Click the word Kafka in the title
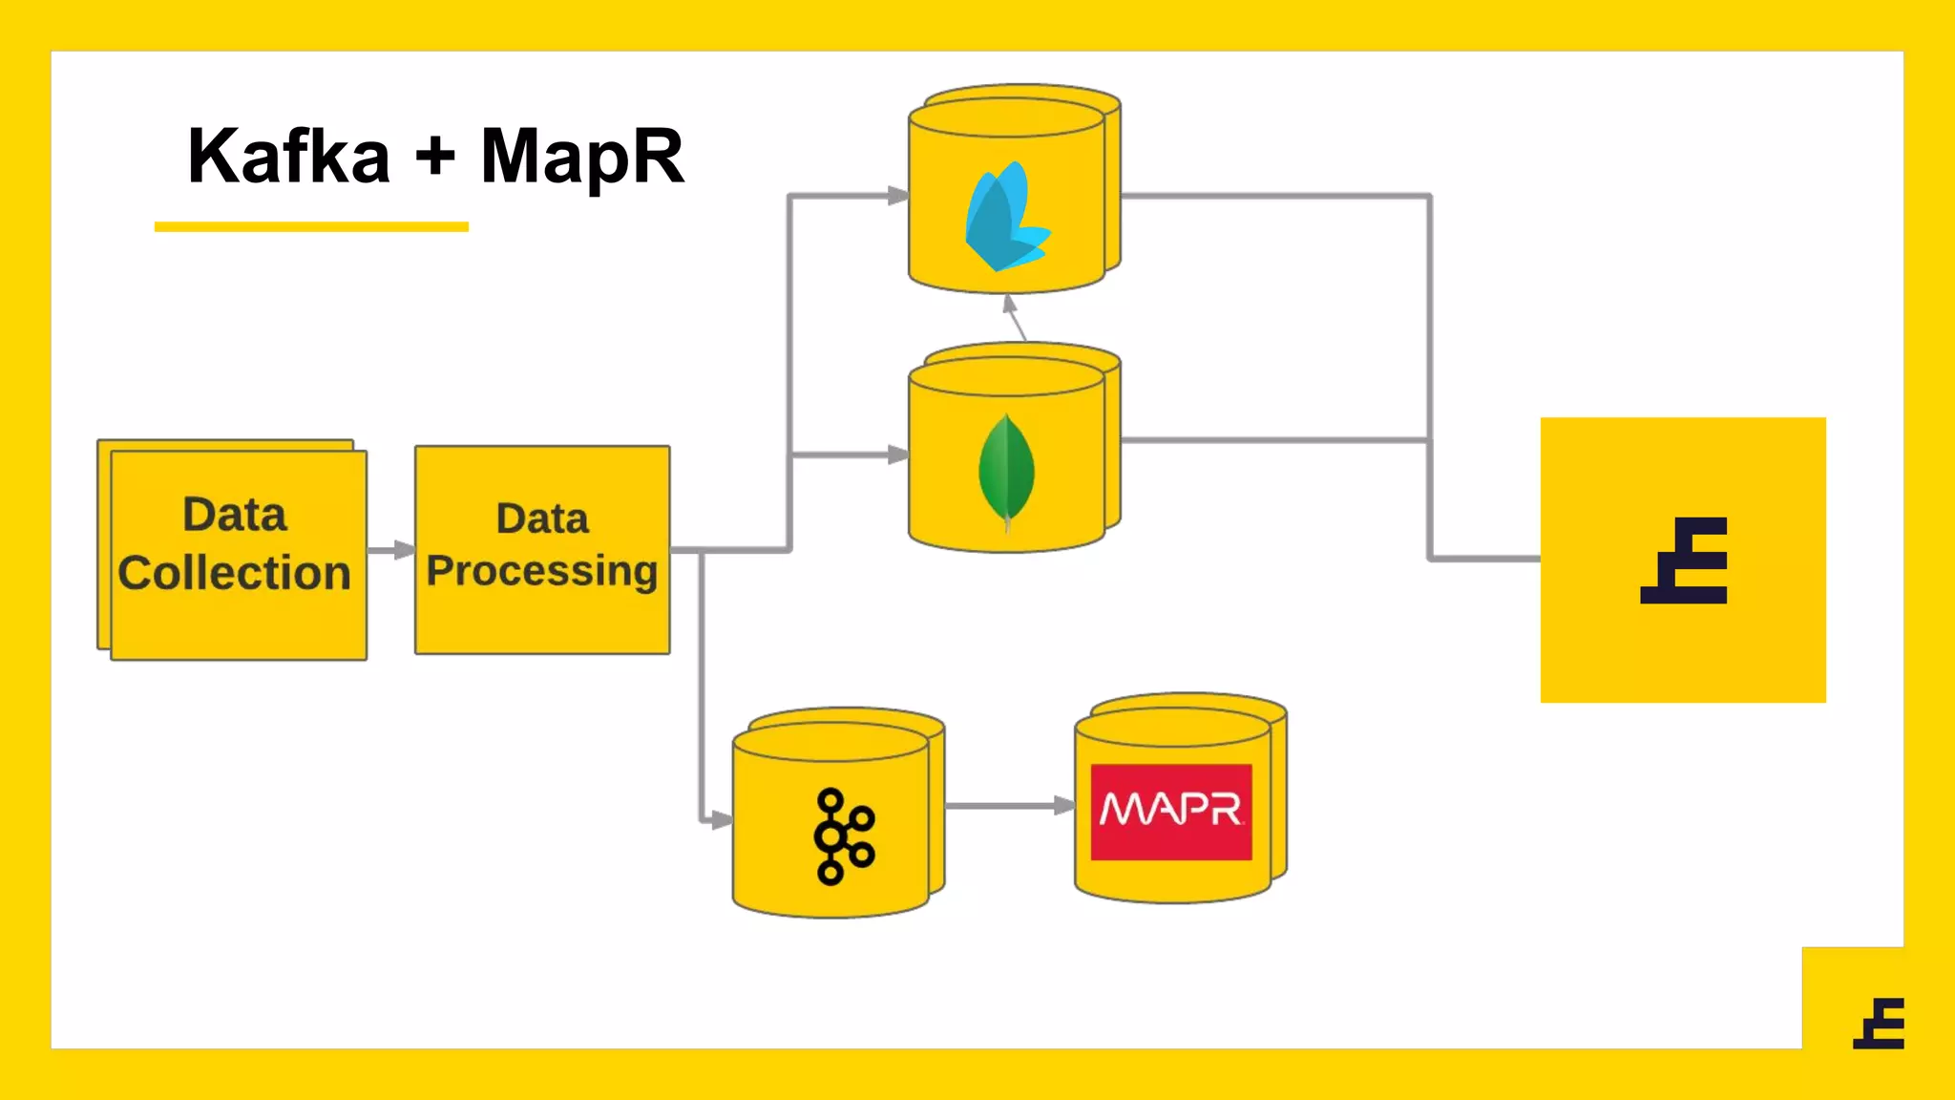point(289,156)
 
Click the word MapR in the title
point(582,158)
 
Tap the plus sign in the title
point(435,156)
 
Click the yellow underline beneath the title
point(311,227)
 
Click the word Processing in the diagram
point(542,571)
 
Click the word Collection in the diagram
point(235,573)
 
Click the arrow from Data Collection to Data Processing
point(390,550)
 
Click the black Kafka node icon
point(842,836)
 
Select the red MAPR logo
point(1171,812)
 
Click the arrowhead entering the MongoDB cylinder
point(897,455)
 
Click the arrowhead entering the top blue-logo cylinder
point(897,196)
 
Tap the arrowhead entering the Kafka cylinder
point(720,819)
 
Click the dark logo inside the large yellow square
point(1685,561)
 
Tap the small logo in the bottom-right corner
point(1880,1024)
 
